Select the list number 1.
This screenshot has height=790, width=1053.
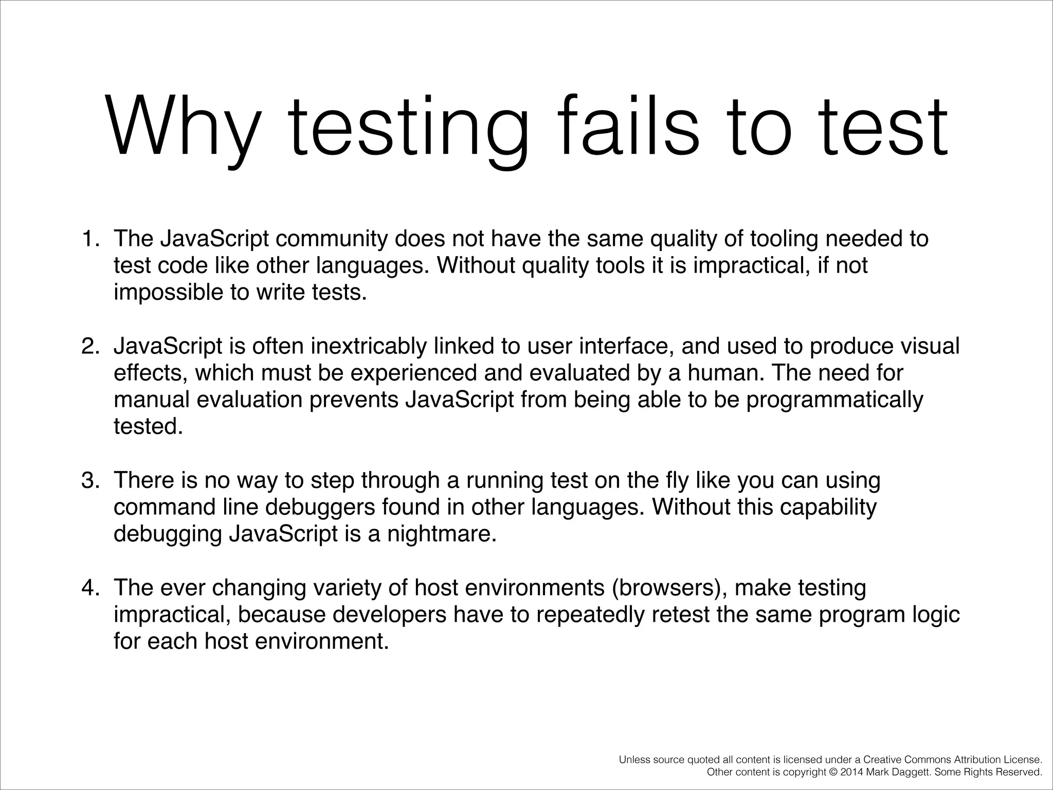[x=89, y=239]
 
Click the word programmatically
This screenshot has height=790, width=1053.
[x=834, y=400]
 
